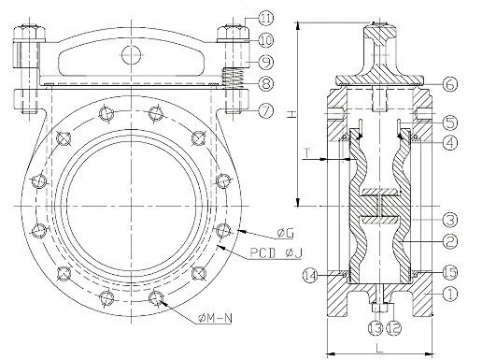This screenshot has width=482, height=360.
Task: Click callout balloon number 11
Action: [x=266, y=18]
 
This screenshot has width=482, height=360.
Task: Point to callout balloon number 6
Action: [x=449, y=84]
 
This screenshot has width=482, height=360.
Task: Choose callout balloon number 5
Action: [x=449, y=122]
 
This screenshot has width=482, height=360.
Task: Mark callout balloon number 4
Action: [x=449, y=143]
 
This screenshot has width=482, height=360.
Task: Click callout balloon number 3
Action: [x=449, y=220]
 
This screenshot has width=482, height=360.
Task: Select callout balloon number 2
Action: [x=449, y=242]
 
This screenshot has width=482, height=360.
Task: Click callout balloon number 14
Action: [x=312, y=276]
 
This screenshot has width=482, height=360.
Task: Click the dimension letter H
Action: [x=291, y=114]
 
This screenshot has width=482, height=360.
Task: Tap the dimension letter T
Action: [x=308, y=151]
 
